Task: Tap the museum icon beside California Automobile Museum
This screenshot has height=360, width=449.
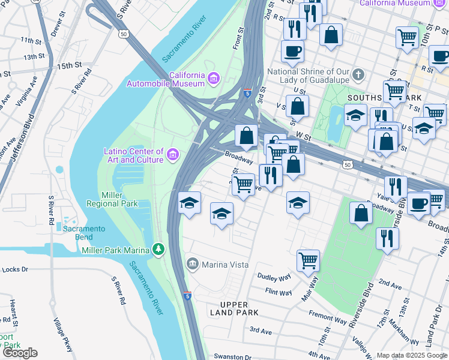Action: [x=213, y=78]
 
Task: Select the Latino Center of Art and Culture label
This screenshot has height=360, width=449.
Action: [x=133, y=155]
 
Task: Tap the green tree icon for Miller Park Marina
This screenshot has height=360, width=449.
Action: [x=158, y=248]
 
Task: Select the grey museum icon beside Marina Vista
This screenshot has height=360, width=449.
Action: [x=193, y=263]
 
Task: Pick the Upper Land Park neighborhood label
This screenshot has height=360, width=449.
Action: [x=235, y=308]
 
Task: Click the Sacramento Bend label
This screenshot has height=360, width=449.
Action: [x=84, y=232]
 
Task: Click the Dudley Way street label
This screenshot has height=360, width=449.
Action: [x=274, y=277]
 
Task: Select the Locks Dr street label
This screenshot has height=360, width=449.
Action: [x=15, y=269]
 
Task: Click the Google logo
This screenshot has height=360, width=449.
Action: [x=20, y=353]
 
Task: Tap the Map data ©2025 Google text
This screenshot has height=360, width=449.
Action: [x=411, y=355]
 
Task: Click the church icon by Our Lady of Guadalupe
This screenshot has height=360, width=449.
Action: [x=358, y=75]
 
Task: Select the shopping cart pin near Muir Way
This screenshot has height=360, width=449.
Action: [x=308, y=260]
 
